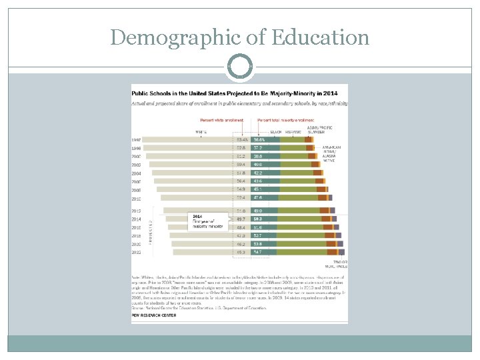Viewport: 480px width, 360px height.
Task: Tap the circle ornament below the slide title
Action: (x=240, y=67)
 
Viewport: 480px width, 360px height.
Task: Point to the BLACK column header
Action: (x=275, y=132)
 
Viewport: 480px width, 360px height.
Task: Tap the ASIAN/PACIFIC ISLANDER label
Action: (x=319, y=129)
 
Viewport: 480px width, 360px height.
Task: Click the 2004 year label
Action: (x=136, y=173)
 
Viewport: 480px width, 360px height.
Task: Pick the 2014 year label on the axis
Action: (x=136, y=219)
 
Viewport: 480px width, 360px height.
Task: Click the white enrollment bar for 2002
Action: (x=191, y=164)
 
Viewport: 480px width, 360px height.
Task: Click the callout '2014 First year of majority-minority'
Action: (x=207, y=221)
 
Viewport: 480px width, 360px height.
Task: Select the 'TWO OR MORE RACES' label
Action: (x=340, y=263)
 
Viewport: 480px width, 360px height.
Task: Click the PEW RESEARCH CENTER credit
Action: (x=154, y=315)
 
